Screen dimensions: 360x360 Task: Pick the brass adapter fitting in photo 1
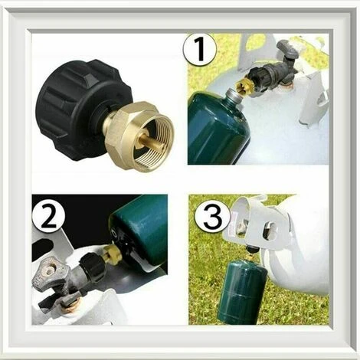(247, 87)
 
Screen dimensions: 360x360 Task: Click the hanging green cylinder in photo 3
(242, 291)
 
